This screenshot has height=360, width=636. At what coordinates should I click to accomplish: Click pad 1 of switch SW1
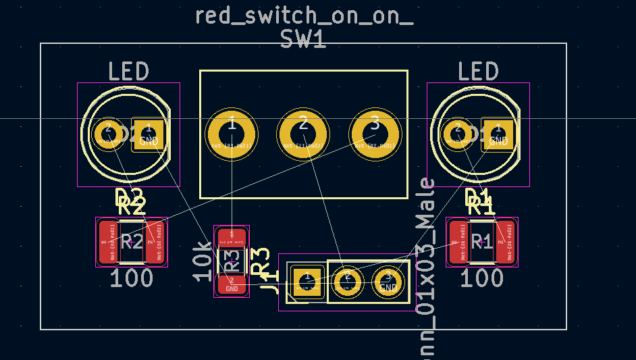(232, 136)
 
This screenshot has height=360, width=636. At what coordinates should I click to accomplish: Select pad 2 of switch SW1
(303, 136)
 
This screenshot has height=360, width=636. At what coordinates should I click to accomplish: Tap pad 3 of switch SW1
(375, 136)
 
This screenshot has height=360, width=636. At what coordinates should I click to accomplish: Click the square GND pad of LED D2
(149, 134)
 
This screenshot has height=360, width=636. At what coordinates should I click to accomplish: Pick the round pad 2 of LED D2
(107, 132)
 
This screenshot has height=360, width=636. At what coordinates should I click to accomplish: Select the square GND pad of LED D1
(498, 134)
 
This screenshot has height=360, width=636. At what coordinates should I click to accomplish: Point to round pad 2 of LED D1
(457, 132)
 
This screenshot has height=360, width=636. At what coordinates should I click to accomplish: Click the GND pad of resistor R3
(232, 284)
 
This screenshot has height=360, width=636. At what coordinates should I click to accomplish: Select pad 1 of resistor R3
(232, 237)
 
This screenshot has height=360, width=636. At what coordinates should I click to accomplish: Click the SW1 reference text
(303, 40)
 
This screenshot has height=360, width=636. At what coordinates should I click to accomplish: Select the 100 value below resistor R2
(132, 278)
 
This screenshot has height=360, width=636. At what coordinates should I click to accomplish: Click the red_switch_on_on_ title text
(304, 15)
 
